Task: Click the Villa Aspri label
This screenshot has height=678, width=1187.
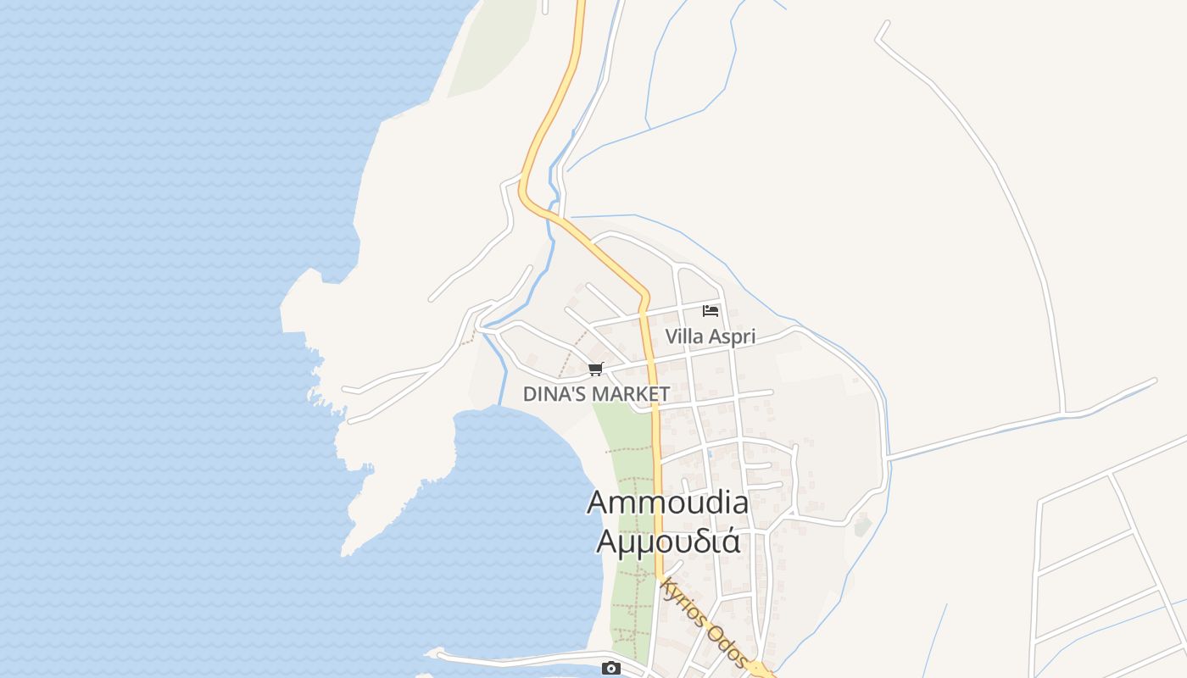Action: click(x=710, y=336)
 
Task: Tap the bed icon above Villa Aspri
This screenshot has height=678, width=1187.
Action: click(x=711, y=311)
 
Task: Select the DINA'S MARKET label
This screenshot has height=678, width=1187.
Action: click(x=596, y=394)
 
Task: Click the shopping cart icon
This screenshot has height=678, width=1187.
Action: click(x=595, y=369)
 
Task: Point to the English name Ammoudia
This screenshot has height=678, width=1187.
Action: click(x=667, y=503)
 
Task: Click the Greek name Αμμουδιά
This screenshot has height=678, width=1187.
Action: click(x=667, y=540)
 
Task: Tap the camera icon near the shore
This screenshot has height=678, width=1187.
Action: click(x=610, y=668)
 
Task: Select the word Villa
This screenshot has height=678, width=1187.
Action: click(x=683, y=336)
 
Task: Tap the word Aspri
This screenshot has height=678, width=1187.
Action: click(x=732, y=336)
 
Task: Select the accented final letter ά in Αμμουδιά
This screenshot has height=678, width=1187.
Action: click(x=730, y=540)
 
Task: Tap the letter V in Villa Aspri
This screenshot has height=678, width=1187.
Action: click(x=672, y=336)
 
